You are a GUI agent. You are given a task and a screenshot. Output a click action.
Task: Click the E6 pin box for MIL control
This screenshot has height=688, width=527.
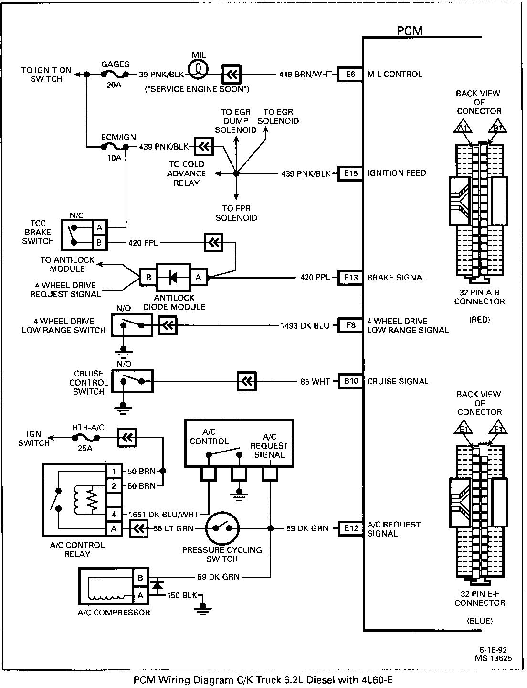click(x=350, y=74)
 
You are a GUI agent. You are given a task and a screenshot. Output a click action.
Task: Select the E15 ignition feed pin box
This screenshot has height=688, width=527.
click(x=350, y=173)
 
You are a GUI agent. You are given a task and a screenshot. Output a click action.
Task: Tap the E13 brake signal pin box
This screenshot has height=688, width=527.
click(x=350, y=278)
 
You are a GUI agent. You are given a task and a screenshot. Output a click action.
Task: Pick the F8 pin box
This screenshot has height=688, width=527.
click(x=350, y=325)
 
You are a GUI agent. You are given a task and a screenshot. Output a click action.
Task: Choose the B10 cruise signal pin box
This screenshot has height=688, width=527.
click(x=350, y=381)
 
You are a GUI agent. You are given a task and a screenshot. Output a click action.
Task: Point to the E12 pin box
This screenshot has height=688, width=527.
click(x=350, y=528)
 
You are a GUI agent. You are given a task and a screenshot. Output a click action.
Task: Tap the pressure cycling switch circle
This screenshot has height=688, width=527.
click(x=222, y=528)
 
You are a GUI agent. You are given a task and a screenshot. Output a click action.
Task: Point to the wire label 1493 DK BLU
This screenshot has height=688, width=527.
click(x=305, y=326)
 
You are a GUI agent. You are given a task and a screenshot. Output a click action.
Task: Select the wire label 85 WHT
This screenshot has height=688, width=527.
click(x=315, y=382)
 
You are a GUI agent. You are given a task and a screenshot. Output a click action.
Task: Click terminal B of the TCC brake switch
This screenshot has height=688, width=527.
click(x=99, y=243)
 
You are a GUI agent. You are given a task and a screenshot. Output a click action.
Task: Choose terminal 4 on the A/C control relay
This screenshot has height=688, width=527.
click(x=114, y=515)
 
